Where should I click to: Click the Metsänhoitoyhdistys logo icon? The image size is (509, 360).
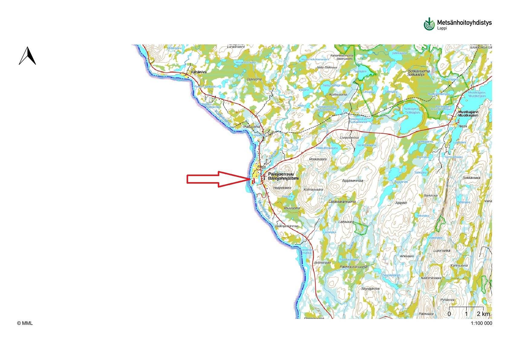429,24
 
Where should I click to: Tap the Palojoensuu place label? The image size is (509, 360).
281,174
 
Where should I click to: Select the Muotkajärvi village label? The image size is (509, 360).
468,112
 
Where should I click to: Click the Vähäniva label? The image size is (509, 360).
199,72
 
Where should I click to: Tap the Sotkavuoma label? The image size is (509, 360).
418,71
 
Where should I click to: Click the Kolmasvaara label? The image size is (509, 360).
313,190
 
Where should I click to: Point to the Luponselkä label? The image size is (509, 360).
442,251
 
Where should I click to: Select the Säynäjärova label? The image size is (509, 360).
370,289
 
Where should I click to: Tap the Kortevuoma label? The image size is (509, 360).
338,95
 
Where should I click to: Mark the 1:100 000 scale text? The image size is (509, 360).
481,323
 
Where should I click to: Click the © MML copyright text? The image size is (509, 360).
25,323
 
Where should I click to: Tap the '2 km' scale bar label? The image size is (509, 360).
483,314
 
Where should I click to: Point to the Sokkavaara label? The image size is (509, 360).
471,178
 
